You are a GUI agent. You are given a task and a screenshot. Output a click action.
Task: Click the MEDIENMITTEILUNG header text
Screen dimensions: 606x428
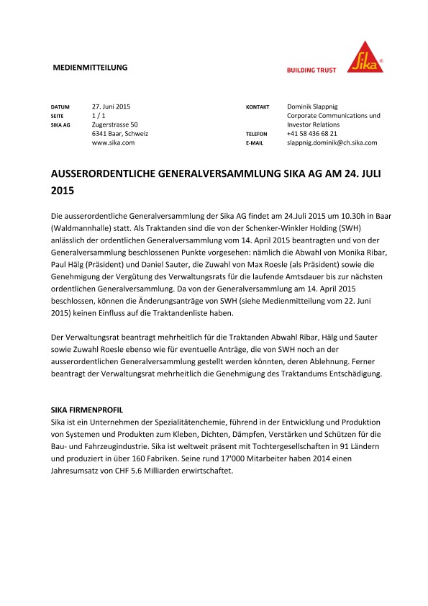pos(91,68)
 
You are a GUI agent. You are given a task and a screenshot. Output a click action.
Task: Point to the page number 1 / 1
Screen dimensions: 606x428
pos(99,115)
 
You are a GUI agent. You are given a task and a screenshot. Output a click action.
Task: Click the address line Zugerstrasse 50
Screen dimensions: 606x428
pos(115,125)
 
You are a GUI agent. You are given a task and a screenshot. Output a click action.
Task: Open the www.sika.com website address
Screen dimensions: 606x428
pos(114,143)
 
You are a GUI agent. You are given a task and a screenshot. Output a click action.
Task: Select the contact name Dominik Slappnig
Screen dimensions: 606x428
pos(319,106)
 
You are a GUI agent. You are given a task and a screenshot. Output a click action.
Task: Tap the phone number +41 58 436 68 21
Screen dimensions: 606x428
pos(311,134)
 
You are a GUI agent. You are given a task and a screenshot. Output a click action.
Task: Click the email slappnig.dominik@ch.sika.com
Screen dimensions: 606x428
pos(332,143)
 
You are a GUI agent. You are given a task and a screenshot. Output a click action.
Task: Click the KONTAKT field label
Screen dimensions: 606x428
pos(258,107)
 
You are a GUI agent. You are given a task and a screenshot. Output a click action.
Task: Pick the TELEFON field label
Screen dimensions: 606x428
pos(257,135)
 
